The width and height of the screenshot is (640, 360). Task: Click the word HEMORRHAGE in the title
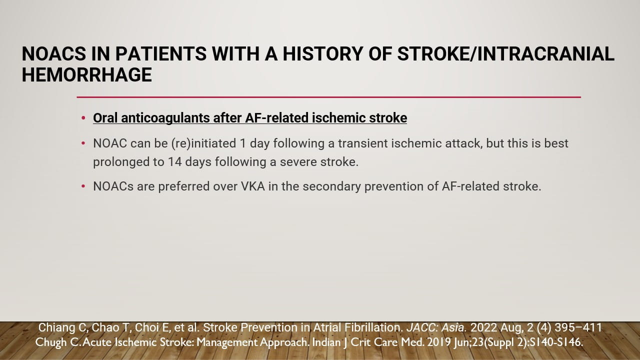[x=87, y=75]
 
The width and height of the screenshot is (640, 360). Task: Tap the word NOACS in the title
[x=54, y=53]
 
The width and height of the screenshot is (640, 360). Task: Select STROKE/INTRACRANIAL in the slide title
[x=505, y=53]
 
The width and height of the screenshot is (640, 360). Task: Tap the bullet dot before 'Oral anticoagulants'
[x=83, y=118]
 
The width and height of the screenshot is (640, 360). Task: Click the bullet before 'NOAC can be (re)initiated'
[x=83, y=143]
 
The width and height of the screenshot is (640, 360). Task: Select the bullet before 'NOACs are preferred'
[x=83, y=186]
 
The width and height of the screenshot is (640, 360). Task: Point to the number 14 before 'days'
[x=175, y=162]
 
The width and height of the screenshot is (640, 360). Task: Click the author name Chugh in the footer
[x=51, y=342]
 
